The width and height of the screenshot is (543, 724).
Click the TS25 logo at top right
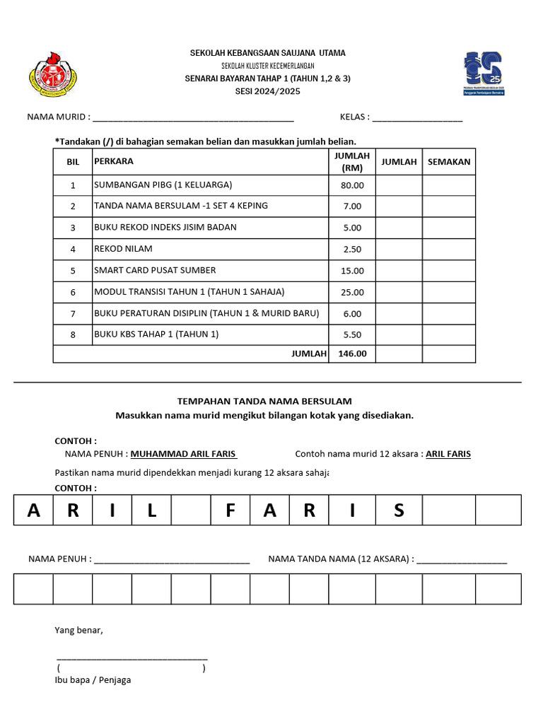click(489, 74)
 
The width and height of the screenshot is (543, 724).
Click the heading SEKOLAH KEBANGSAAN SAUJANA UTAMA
click(268, 54)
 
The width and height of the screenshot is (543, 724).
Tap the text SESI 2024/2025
click(268, 91)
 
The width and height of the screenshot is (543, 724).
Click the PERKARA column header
click(114, 162)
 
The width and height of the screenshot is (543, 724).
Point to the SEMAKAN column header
click(449, 162)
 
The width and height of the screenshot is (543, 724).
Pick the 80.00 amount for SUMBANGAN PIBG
click(352, 185)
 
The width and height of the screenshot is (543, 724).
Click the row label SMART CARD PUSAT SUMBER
click(155, 270)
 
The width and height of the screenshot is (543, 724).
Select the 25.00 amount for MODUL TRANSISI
click(352, 292)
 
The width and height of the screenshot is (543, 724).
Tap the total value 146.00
click(352, 354)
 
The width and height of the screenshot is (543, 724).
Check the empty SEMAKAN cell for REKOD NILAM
click(449, 250)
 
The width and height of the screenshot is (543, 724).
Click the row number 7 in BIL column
click(72, 313)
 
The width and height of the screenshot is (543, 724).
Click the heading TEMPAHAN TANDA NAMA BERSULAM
click(264, 401)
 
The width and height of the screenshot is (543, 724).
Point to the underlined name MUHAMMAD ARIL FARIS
click(184, 454)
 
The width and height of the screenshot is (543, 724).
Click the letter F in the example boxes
click(230, 510)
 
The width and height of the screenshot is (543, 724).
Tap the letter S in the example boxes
click(399, 510)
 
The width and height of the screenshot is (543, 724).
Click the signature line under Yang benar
click(132, 658)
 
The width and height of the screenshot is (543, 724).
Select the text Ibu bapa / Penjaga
click(93, 680)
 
